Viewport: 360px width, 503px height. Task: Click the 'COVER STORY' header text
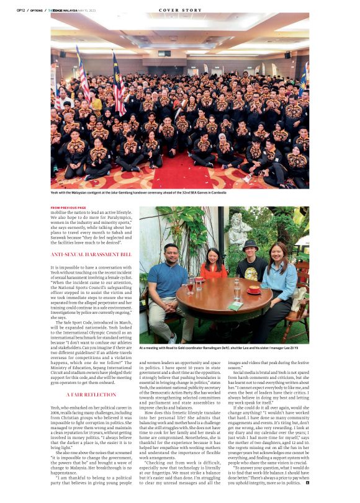click(x=180, y=9)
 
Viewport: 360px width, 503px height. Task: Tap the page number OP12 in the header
click(x=20, y=9)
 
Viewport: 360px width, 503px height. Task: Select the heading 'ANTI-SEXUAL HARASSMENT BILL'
click(x=83, y=254)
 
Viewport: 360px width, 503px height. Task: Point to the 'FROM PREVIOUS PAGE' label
click(x=68, y=208)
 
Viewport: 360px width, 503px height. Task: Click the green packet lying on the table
click(x=234, y=306)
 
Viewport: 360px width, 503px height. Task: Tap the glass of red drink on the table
click(x=191, y=286)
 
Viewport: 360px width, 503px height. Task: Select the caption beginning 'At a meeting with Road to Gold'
click(x=223, y=349)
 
